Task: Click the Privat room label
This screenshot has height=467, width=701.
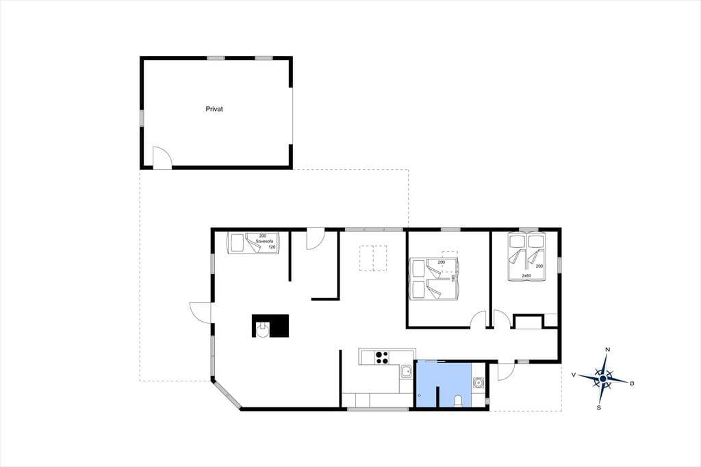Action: (x=214, y=109)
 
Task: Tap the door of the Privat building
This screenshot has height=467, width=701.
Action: (x=162, y=157)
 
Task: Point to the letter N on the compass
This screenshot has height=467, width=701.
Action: (x=608, y=350)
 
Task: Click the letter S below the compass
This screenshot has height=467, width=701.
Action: (x=598, y=407)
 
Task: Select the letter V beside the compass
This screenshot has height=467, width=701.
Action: (x=574, y=375)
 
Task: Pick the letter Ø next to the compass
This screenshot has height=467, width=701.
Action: (x=632, y=383)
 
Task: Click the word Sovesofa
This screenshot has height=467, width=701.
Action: (x=264, y=241)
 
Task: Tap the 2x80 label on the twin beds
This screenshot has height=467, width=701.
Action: (x=526, y=275)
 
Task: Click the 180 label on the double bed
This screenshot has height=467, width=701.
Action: (x=453, y=278)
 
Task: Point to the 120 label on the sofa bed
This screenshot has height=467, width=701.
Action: (x=272, y=247)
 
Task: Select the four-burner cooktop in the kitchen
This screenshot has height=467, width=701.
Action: (x=382, y=357)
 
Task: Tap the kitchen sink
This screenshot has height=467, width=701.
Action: (x=406, y=371)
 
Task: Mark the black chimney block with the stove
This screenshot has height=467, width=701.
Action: (x=270, y=326)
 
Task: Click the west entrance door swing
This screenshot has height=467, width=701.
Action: (x=200, y=312)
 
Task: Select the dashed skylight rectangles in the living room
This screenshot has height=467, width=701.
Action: (x=373, y=258)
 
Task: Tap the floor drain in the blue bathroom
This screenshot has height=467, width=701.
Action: (x=420, y=396)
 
